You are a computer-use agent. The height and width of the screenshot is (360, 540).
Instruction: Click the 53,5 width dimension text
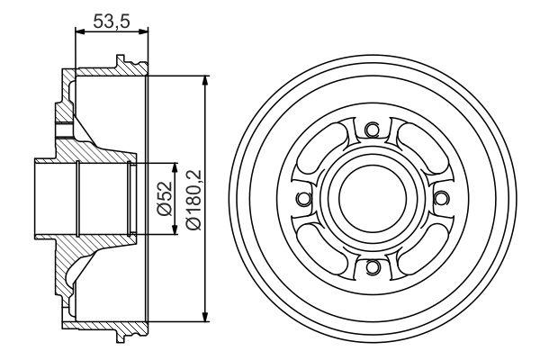tap(112, 22)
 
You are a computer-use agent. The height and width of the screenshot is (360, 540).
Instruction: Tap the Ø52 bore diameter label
tap(165, 199)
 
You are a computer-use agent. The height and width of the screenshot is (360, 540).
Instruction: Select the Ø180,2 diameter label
tap(193, 199)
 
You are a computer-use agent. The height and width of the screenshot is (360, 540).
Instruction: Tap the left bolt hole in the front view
tap(303, 198)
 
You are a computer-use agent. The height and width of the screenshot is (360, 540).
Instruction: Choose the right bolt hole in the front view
tap(441, 198)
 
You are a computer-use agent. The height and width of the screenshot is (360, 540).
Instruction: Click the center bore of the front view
tap(373, 197)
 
